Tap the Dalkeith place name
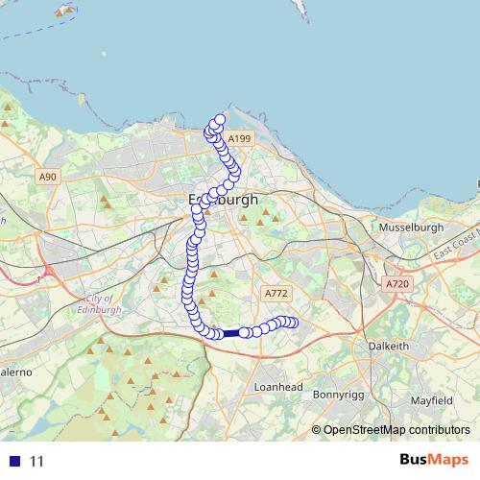pyautogui.click(x=390, y=346)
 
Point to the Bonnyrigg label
pyautogui.click(x=341, y=394)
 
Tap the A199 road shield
pyautogui.click(x=240, y=139)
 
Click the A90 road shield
pyautogui.click(x=48, y=177)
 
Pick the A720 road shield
pyautogui.click(x=396, y=285)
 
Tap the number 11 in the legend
pyautogui.click(x=36, y=461)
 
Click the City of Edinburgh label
pyautogui.click(x=99, y=304)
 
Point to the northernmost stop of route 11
pyautogui.click(x=219, y=120)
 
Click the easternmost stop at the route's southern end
pyautogui.click(x=292, y=324)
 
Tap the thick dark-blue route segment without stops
pyautogui.click(x=231, y=332)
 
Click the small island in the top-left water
pyautogui.click(x=65, y=12)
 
